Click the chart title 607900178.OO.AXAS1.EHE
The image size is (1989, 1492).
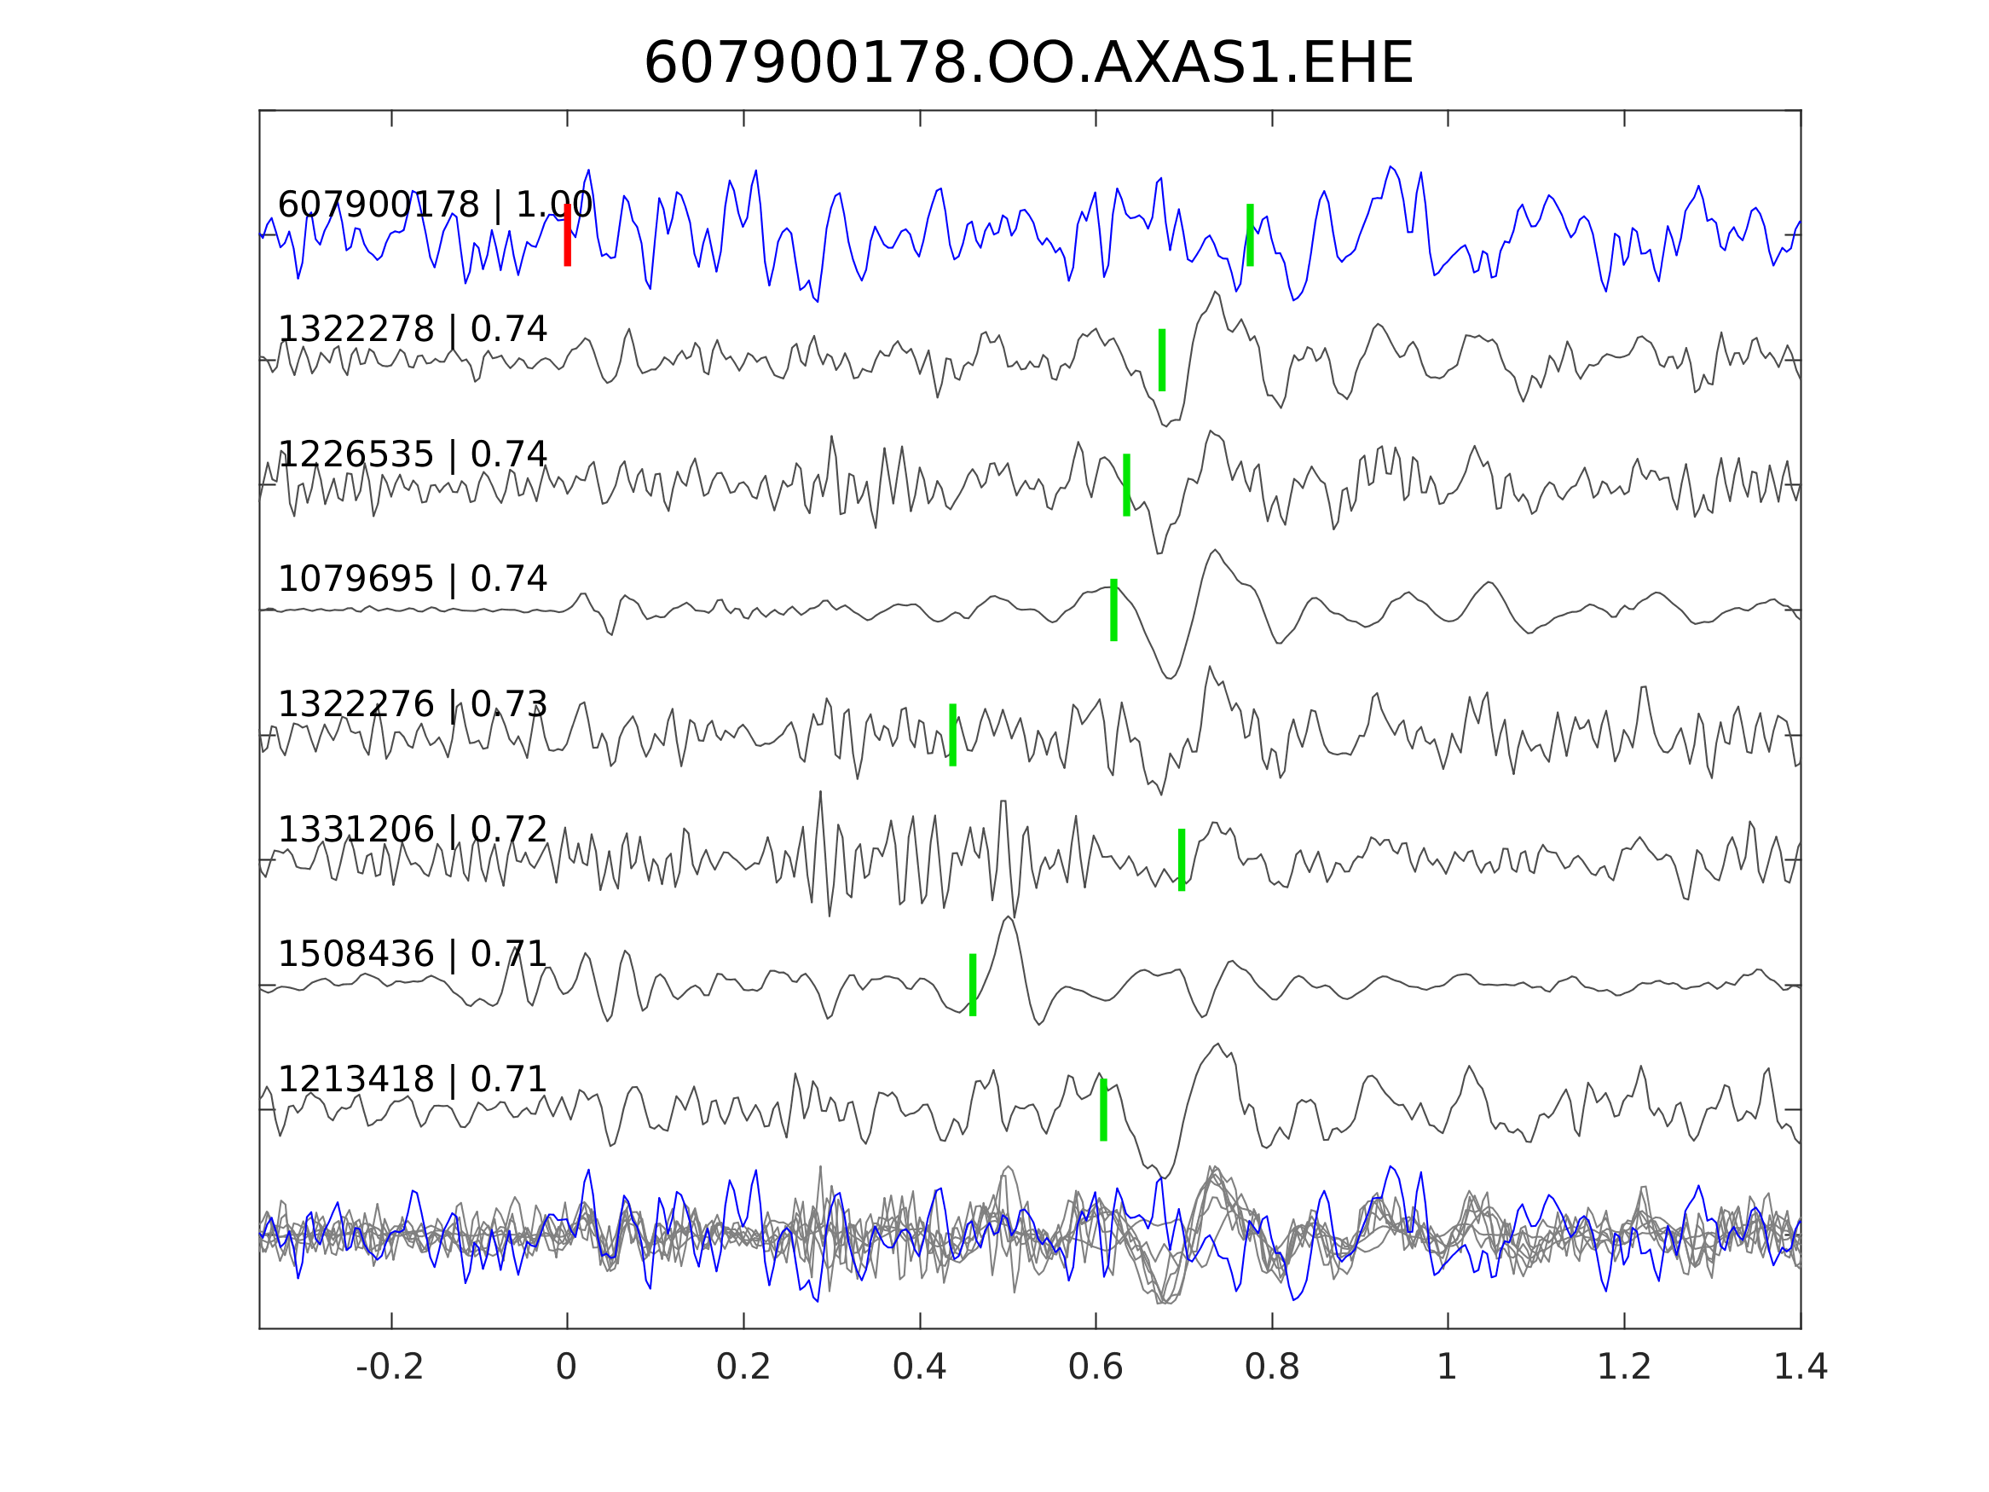(x=1028, y=64)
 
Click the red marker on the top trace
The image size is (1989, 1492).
(x=568, y=234)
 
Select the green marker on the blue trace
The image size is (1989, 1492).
(x=1250, y=234)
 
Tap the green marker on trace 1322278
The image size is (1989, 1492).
(x=1162, y=360)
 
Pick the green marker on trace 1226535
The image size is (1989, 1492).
(x=1127, y=485)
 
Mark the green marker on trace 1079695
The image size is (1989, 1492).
(x=1114, y=610)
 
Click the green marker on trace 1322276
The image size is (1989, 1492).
(x=953, y=735)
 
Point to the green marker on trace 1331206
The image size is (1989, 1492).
(x=1182, y=859)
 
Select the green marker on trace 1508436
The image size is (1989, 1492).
(x=973, y=985)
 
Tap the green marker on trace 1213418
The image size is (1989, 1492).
(x=1103, y=1110)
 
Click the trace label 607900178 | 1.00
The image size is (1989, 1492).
(x=434, y=205)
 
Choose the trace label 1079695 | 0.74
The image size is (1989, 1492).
(x=412, y=579)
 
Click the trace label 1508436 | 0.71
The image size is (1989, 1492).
(x=412, y=953)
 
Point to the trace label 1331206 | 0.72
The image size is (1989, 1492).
(x=412, y=830)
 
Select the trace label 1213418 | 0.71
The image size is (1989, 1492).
(x=412, y=1079)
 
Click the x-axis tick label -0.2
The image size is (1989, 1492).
(x=390, y=1368)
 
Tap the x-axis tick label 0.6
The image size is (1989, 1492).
(x=1096, y=1368)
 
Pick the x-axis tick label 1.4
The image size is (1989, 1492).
(x=1801, y=1368)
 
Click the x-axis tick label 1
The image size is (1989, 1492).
(x=1447, y=1368)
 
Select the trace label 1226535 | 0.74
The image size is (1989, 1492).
(x=412, y=455)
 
